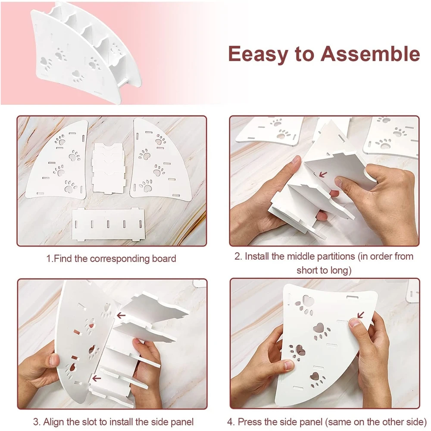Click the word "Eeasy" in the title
(x=257, y=54)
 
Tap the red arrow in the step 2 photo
(x=323, y=174)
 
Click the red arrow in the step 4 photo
(x=360, y=315)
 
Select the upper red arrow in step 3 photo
(x=121, y=315)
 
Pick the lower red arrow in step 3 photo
(x=97, y=379)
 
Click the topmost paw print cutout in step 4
(x=306, y=305)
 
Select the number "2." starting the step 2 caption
(x=238, y=256)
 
